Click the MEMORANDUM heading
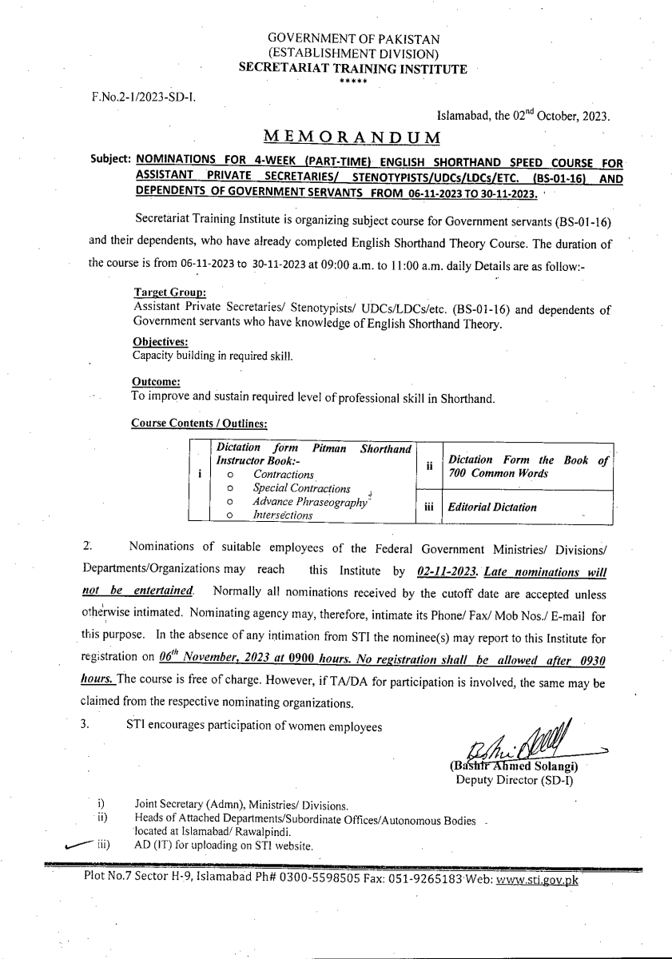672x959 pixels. pos(352,136)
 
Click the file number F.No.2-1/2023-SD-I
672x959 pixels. pos(143,97)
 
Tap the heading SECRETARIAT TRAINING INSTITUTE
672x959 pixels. pos(353,70)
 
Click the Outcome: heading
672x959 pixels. pos(156,382)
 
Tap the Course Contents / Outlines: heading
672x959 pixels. pos(199,423)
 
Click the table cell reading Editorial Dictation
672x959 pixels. pos(492,507)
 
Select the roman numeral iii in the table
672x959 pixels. pos(429,507)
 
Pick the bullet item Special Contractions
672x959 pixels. pos(301,488)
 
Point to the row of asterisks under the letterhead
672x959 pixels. pos(353,82)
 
